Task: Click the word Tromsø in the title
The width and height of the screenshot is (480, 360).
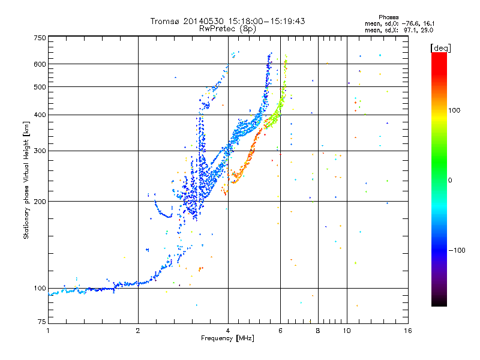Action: coord(166,21)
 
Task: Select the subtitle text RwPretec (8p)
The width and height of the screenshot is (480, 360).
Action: coord(227,29)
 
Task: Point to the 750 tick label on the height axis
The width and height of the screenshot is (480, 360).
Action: coord(40,38)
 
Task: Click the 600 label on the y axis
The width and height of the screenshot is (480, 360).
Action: coord(40,64)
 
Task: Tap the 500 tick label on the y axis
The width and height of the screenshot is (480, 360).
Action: coord(40,87)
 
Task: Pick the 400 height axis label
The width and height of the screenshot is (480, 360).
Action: coord(40,115)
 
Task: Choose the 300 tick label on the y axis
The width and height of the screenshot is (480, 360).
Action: coord(40,151)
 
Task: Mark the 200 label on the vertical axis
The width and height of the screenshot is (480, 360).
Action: coord(40,202)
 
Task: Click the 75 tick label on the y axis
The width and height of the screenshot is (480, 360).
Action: coord(42,322)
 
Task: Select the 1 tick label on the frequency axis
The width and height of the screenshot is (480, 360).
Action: coord(48,331)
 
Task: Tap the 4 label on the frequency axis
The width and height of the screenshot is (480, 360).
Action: coord(228,331)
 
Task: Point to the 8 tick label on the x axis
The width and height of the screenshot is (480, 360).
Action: coord(318,331)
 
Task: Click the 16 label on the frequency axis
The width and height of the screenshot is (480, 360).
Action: coord(408,331)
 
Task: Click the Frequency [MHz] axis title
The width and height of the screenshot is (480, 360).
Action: coord(227,338)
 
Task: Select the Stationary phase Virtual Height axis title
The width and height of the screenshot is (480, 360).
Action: coord(26,181)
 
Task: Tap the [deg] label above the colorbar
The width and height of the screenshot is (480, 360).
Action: coord(440,48)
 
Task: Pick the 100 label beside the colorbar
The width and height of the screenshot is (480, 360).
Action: coord(454,110)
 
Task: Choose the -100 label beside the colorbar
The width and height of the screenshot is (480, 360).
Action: coord(457,250)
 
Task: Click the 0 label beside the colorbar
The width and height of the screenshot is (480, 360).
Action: coord(450,181)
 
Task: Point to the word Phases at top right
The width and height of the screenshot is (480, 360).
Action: coord(388,17)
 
